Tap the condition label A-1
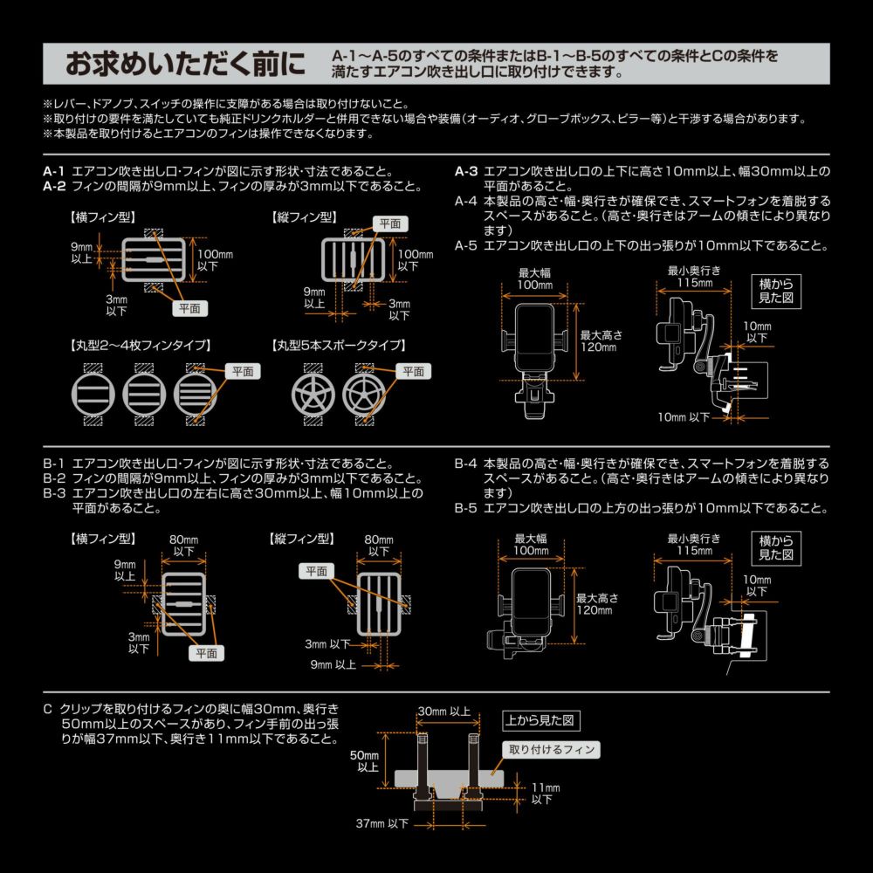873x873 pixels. [54, 171]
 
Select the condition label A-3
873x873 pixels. [466, 171]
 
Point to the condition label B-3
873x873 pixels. [54, 493]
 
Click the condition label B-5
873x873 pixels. [466, 508]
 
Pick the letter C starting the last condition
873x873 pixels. [47, 709]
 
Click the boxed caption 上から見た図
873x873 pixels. [541, 721]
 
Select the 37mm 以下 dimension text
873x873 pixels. [382, 823]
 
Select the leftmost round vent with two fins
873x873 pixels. [93, 394]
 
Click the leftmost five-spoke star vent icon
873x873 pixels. [313, 394]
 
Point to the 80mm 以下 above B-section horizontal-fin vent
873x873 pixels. [183, 546]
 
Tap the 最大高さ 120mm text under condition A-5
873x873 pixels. [597, 340]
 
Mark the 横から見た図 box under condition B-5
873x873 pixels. [775, 547]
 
